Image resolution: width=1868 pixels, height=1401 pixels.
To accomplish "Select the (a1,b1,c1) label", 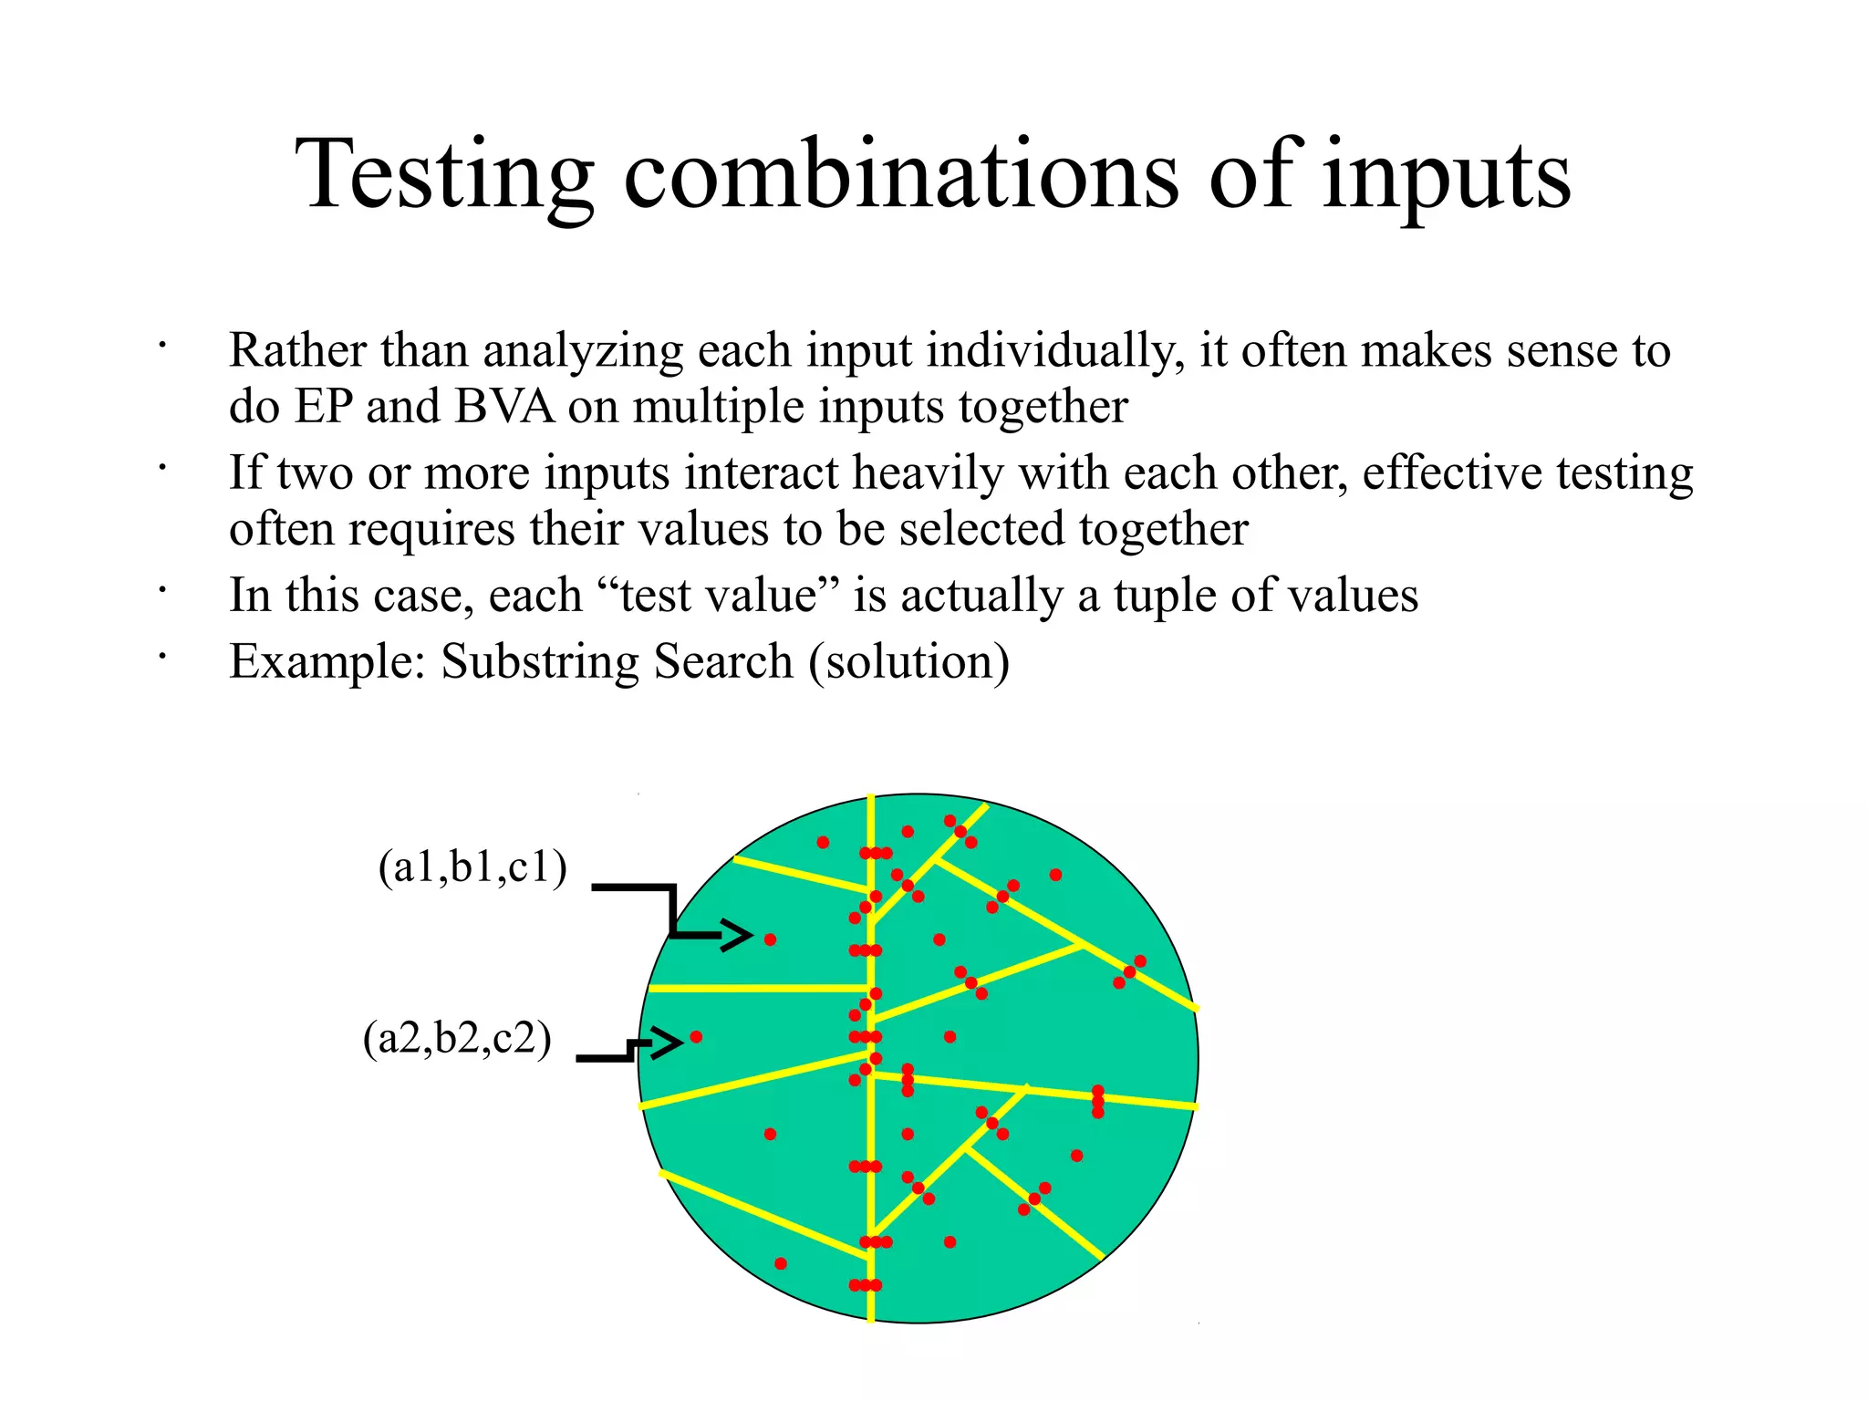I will pyautogui.click(x=472, y=867).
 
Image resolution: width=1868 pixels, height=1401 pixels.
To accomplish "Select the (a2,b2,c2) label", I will pyautogui.click(x=457, y=1038).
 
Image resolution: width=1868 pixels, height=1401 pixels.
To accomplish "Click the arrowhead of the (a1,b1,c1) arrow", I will pyautogui.click(x=738, y=935).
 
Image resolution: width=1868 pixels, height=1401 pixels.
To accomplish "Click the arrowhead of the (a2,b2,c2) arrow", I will pyautogui.click(x=668, y=1042).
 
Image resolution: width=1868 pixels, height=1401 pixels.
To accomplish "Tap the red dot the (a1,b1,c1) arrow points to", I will pyautogui.click(x=770, y=939).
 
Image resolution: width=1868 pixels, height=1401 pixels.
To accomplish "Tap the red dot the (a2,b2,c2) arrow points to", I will pyautogui.click(x=696, y=1037).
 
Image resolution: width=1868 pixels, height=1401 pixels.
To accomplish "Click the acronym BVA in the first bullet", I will pyautogui.click(x=504, y=407).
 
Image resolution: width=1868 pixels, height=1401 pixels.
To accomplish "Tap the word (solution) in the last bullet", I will pyautogui.click(x=908, y=662).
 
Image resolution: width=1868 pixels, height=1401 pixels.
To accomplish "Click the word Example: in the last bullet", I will pyautogui.click(x=327, y=662).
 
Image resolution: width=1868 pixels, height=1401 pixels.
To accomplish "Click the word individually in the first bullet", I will pyautogui.click(x=1054, y=351).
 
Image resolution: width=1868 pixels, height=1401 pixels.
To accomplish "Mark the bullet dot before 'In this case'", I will pyautogui.click(x=161, y=591).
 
